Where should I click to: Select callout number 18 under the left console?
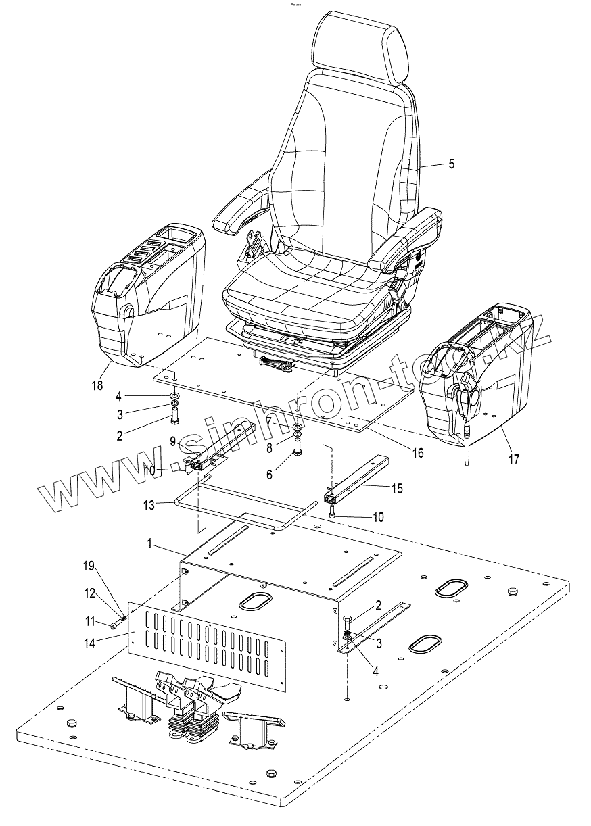(98, 385)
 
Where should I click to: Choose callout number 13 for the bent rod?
(148, 504)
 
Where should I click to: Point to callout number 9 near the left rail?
(172, 442)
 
